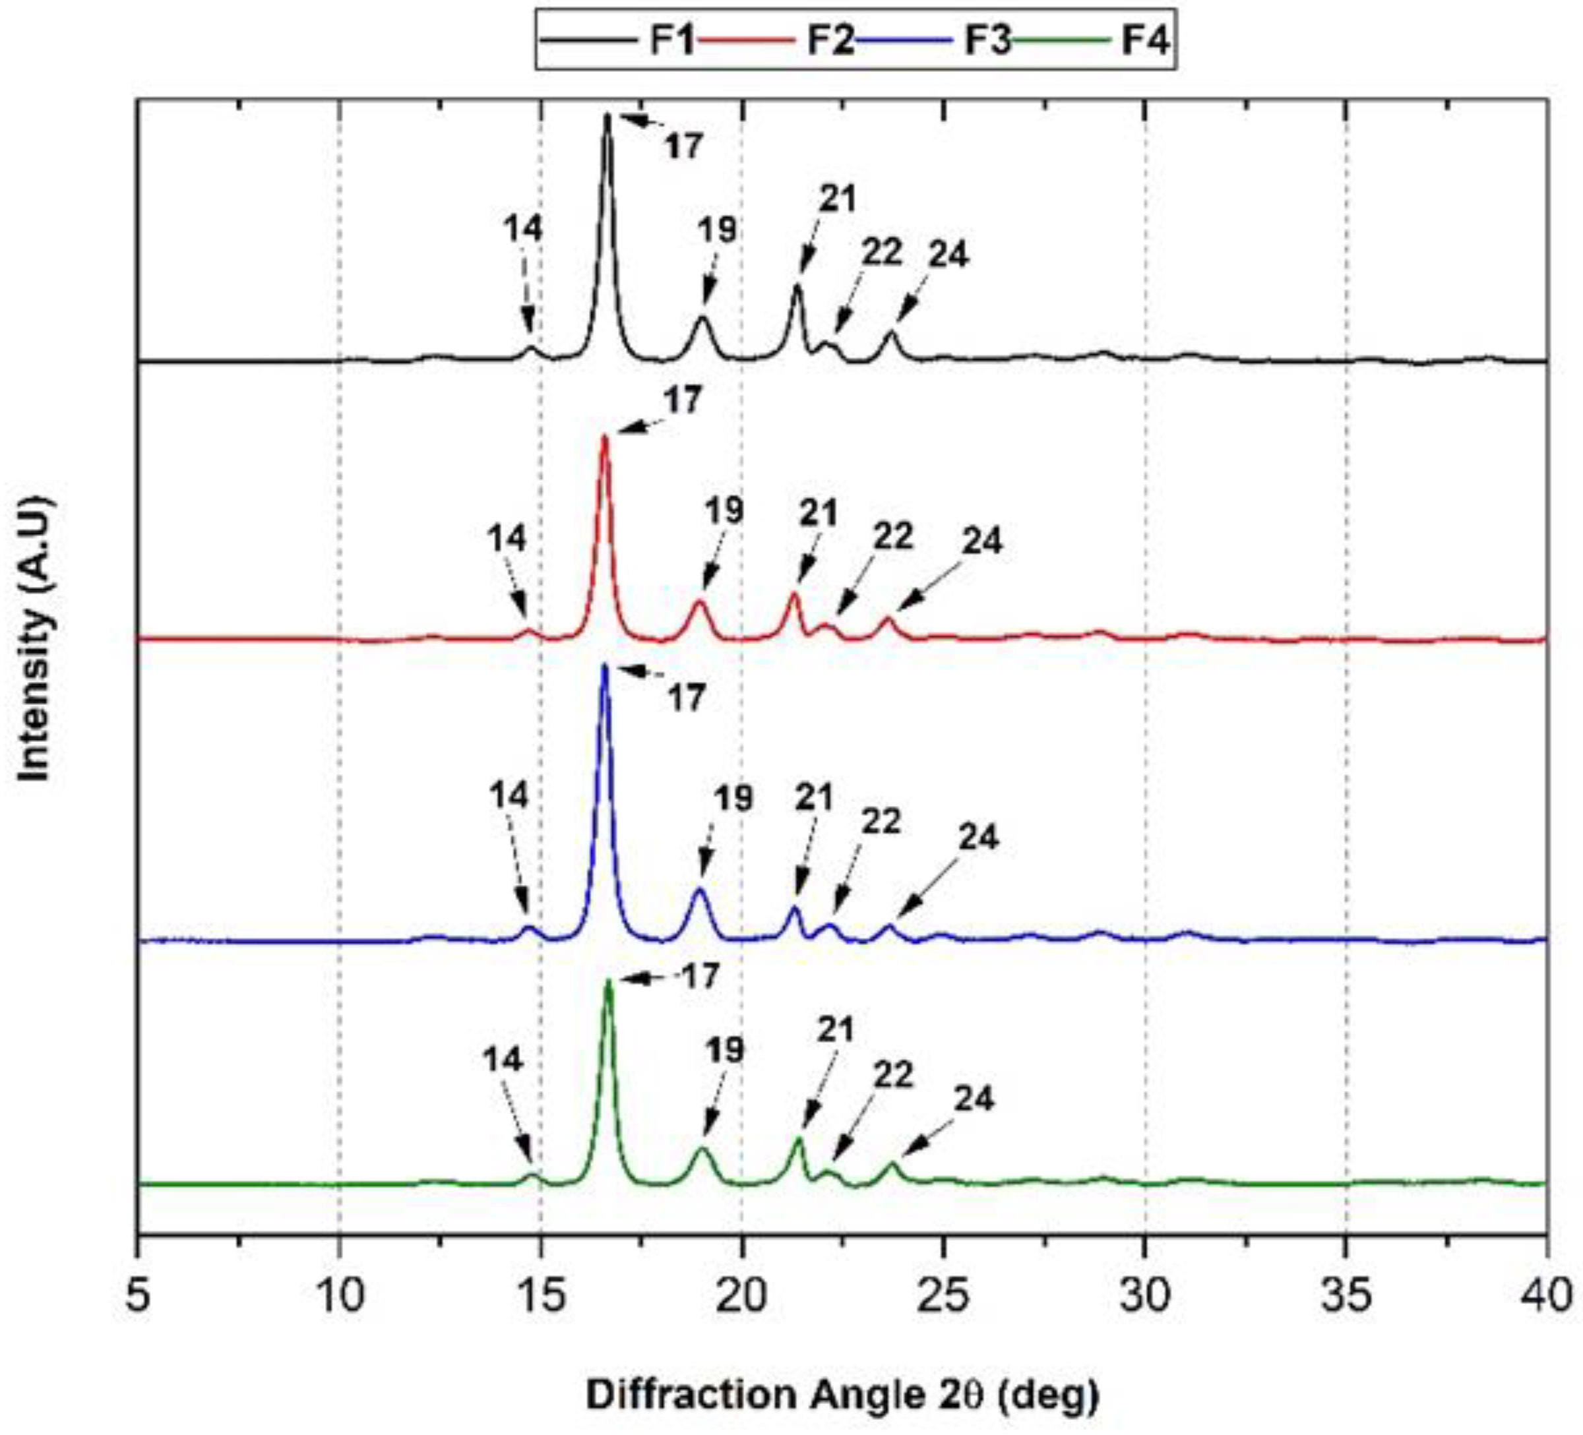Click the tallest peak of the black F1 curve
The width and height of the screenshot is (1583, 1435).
click(607, 117)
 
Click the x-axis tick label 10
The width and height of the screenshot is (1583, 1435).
click(339, 1296)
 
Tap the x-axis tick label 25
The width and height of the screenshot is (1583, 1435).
click(943, 1296)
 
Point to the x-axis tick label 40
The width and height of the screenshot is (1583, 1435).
click(1545, 1296)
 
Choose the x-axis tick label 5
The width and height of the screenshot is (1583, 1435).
click(139, 1296)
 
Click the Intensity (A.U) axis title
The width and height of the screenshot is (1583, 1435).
click(36, 639)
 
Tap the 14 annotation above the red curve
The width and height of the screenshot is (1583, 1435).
click(507, 539)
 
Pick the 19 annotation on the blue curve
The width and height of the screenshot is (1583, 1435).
click(733, 799)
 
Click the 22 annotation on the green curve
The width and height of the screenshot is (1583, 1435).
click(894, 1076)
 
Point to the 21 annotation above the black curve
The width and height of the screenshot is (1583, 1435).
click(837, 198)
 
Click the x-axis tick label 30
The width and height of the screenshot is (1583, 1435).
click(1145, 1296)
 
